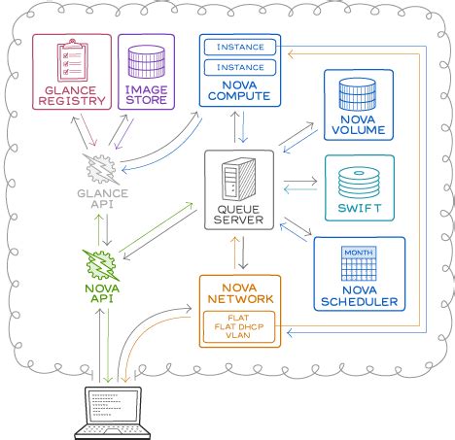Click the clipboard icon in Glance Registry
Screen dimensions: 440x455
(x=71, y=61)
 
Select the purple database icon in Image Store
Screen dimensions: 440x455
(x=145, y=59)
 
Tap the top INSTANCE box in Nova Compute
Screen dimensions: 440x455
(x=239, y=47)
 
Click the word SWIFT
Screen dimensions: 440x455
(x=359, y=207)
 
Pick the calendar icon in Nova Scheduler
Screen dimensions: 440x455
(x=359, y=265)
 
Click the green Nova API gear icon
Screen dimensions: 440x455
(x=101, y=264)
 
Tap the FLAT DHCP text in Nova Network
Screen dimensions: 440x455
(x=239, y=325)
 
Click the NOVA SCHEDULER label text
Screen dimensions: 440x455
(x=359, y=296)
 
